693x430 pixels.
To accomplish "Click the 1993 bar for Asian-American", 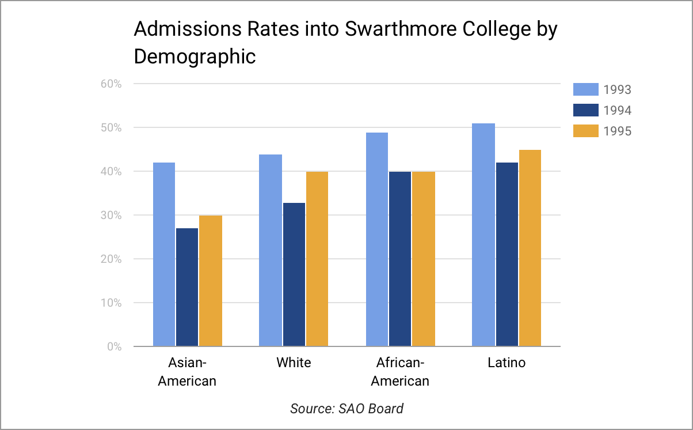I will coord(164,254).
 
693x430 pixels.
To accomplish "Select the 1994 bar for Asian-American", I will coord(187,287).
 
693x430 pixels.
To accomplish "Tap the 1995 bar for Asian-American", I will coord(211,281).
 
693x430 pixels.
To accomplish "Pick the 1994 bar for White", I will coord(294,274).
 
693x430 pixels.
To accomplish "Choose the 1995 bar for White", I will coord(317,259).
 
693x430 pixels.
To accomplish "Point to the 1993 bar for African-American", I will coord(377,239).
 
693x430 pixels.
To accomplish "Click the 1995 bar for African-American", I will coord(424,259).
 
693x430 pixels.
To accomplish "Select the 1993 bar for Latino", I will coord(483,235).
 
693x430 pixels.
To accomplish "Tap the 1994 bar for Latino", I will coord(507,254).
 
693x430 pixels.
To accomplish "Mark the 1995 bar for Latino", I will coord(530,248).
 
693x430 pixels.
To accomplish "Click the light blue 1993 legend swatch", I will coord(586,89).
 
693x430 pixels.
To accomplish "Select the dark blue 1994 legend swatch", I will coord(586,110).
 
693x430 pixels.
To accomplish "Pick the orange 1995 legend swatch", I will coord(586,131).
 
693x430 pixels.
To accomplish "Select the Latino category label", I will coord(507,363).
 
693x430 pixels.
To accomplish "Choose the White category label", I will coord(294,363).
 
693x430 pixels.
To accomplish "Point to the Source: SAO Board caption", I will coord(346,409).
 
